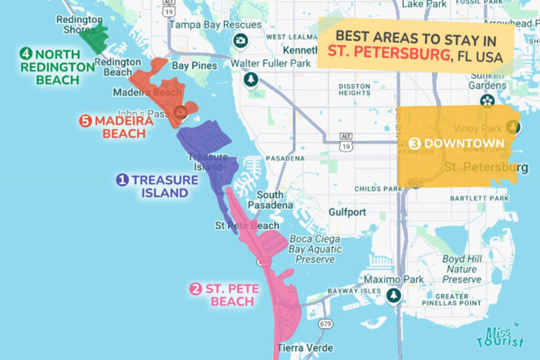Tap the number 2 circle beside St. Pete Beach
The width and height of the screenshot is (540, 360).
click(x=196, y=289)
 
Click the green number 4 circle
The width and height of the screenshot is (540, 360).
click(x=26, y=54)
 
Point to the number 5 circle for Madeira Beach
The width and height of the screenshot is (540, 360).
click(x=85, y=121)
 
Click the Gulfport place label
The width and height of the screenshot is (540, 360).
click(x=347, y=212)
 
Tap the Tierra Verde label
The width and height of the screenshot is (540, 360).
click(x=305, y=347)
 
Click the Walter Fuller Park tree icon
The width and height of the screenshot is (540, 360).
click(x=252, y=79)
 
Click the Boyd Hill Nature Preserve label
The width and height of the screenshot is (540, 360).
click(x=464, y=269)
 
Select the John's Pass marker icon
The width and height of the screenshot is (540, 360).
click(x=180, y=113)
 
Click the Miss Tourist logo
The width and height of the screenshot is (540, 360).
click(x=503, y=338)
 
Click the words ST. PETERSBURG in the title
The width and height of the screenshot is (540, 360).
click(x=386, y=56)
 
